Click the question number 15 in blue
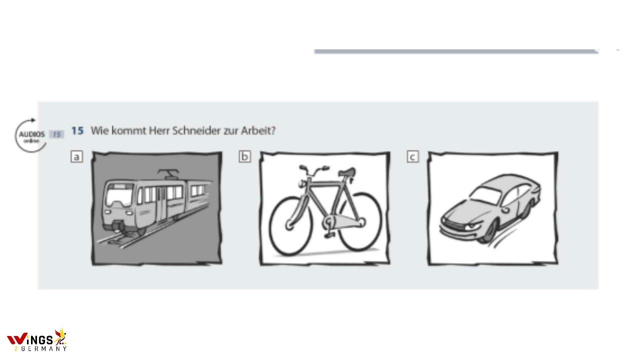(77, 131)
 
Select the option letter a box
(76, 157)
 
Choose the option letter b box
(244, 157)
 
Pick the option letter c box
(412, 157)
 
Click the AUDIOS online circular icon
(31, 135)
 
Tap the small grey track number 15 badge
(56, 134)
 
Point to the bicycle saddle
(347, 173)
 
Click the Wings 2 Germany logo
(36, 340)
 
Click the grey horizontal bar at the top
(455, 51)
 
